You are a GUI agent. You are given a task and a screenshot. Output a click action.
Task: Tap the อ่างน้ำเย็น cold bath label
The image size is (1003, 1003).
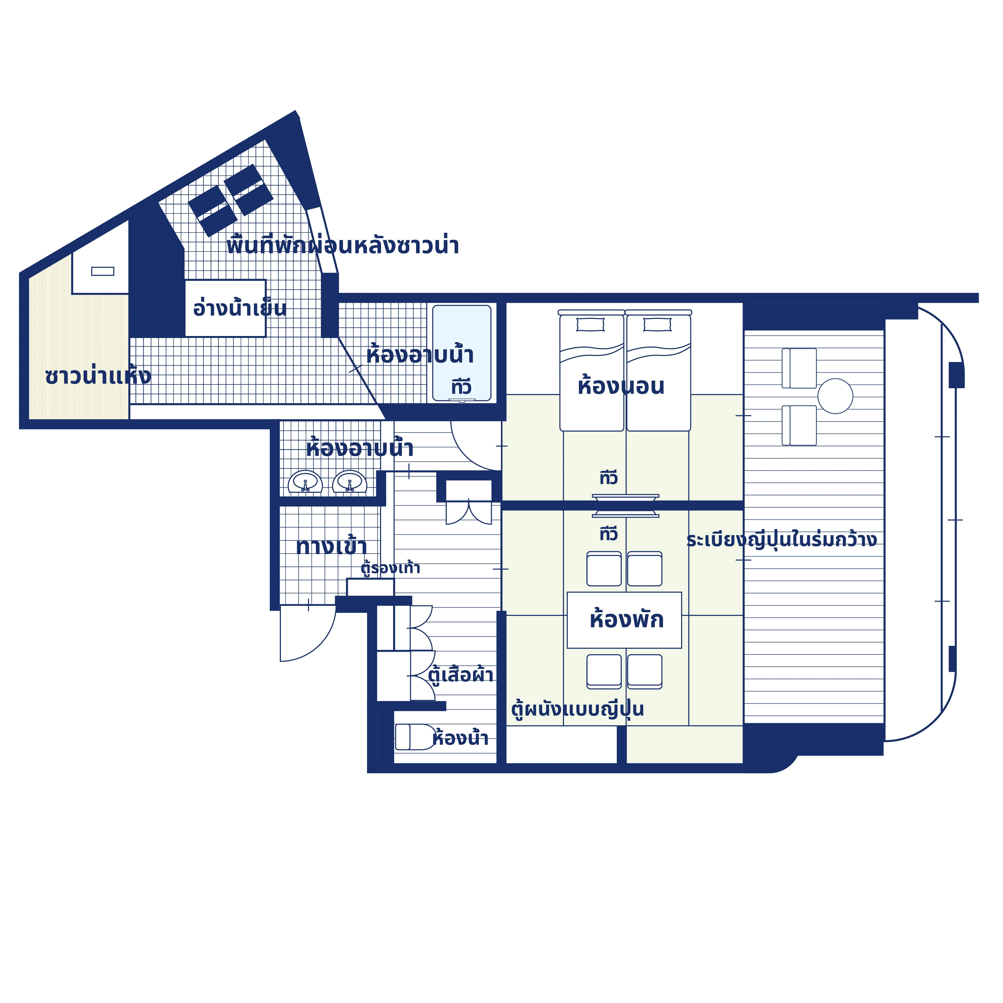tap(239, 308)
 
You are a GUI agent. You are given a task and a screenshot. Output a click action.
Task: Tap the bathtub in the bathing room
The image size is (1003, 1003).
tap(461, 353)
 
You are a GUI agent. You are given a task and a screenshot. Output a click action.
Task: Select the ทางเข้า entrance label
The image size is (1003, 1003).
tap(331, 546)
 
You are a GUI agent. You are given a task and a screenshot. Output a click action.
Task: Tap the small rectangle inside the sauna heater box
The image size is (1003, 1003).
tap(103, 271)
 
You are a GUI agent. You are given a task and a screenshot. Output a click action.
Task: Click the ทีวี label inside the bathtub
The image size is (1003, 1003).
tap(461, 387)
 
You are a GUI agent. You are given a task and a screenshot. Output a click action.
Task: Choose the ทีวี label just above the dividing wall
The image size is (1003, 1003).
tap(608, 478)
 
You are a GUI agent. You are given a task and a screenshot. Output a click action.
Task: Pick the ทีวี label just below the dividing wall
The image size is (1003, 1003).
tap(608, 534)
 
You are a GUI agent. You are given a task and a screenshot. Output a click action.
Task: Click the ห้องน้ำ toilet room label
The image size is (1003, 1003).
tap(460, 738)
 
